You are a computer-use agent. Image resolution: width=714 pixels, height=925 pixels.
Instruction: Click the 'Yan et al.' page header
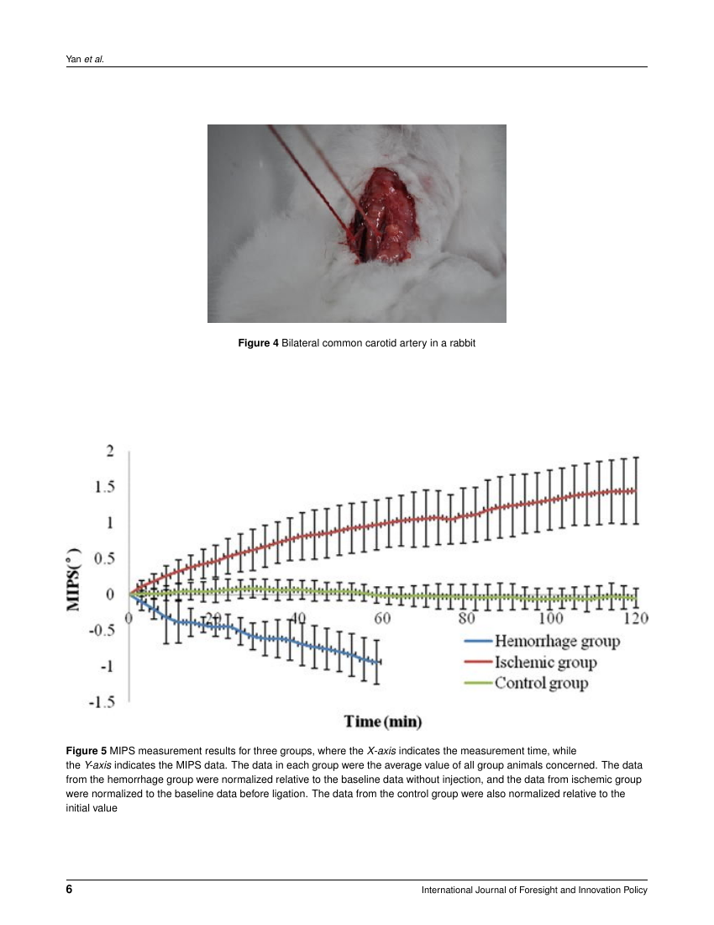tap(85, 60)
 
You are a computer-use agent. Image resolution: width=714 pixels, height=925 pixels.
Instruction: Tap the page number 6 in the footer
tap(69, 890)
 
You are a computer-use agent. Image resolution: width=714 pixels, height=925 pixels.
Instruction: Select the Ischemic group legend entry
tap(545, 663)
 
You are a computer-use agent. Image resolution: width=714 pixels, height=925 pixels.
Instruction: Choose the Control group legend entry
tap(541, 683)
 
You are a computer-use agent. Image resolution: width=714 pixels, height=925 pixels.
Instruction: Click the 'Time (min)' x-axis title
tap(382, 721)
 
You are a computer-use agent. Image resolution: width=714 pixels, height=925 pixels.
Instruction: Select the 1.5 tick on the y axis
tap(104, 487)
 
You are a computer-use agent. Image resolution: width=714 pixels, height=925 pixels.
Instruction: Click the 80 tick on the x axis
tap(467, 618)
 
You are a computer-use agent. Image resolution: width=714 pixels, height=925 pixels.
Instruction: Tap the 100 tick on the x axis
tap(550, 618)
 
